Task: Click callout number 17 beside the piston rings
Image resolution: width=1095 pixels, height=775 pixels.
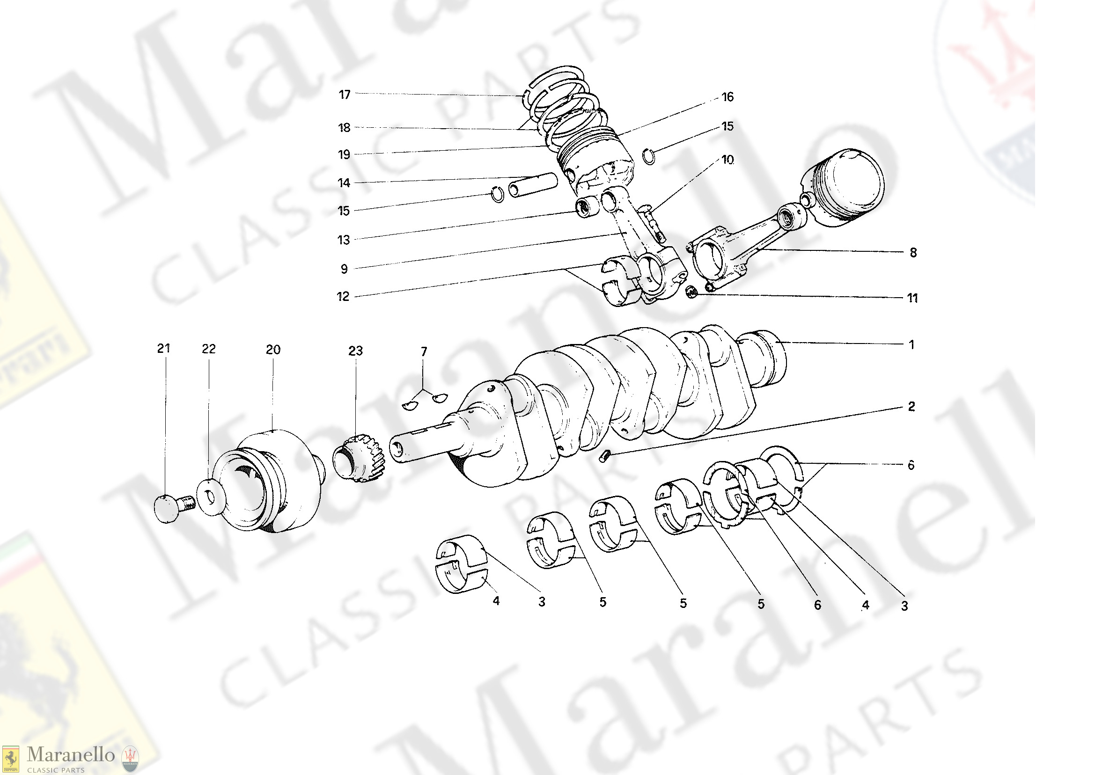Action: coord(344,95)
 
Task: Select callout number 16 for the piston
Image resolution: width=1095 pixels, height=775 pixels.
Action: coord(727,97)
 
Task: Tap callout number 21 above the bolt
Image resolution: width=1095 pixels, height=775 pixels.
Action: coord(163,348)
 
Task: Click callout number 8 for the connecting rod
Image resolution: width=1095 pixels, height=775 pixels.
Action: coord(913,252)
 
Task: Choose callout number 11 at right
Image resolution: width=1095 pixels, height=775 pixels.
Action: coord(912,298)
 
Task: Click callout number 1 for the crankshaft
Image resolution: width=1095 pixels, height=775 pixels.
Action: coord(911,344)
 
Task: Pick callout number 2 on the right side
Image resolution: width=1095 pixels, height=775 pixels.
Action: coord(911,407)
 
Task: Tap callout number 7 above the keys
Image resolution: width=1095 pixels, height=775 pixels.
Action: coord(424,352)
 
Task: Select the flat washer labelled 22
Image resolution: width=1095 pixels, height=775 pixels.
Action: coord(211,498)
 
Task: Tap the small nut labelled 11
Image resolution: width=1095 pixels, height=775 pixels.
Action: coord(691,292)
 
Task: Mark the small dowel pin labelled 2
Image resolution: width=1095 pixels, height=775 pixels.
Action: coord(604,456)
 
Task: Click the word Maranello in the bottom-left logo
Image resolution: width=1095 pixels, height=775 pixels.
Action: coord(71,754)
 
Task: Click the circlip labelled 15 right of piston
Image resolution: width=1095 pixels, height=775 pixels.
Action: coord(648,155)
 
